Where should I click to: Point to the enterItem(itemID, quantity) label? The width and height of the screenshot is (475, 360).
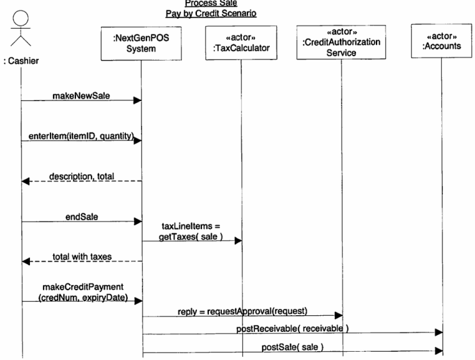(80, 137)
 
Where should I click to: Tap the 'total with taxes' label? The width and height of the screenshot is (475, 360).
(82, 256)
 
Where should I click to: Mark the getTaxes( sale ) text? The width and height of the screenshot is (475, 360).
(189, 236)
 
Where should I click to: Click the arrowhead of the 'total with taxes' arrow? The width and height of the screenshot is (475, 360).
(26, 261)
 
